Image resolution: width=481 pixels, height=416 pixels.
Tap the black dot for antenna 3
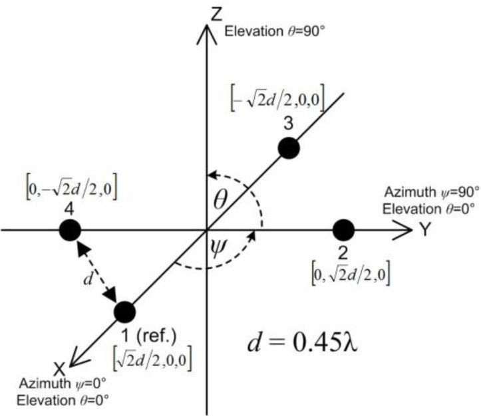(288, 148)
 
